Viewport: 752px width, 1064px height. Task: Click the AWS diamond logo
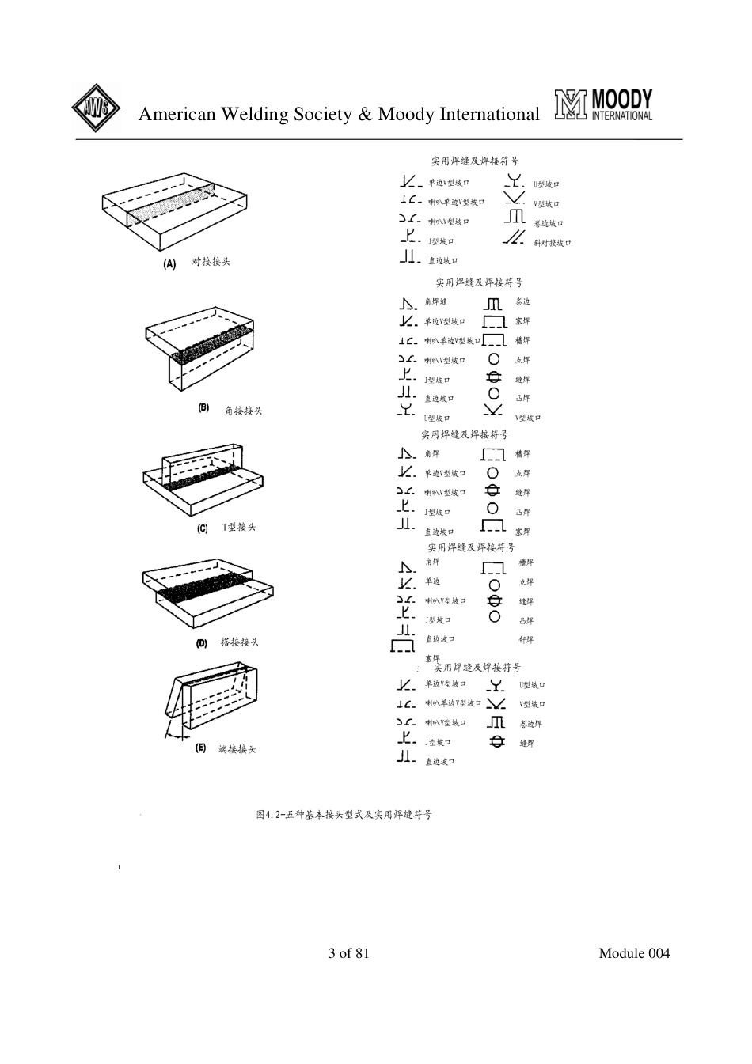click(x=96, y=108)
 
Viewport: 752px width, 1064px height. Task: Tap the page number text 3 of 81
click(x=349, y=952)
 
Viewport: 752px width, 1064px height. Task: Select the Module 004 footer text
click(x=634, y=952)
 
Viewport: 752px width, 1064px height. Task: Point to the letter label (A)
click(x=169, y=263)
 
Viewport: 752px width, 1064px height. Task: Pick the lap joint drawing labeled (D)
click(x=207, y=595)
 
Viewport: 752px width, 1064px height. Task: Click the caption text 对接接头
click(x=211, y=262)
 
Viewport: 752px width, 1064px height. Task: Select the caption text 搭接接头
click(x=240, y=642)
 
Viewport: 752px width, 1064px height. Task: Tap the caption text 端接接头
click(x=237, y=749)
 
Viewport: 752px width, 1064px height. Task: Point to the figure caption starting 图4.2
click(x=344, y=814)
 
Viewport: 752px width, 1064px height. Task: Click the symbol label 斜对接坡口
click(x=553, y=243)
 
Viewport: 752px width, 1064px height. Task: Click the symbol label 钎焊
click(x=526, y=640)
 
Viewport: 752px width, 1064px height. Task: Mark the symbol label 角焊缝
click(x=436, y=302)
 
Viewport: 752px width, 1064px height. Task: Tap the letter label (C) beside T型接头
click(x=202, y=528)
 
